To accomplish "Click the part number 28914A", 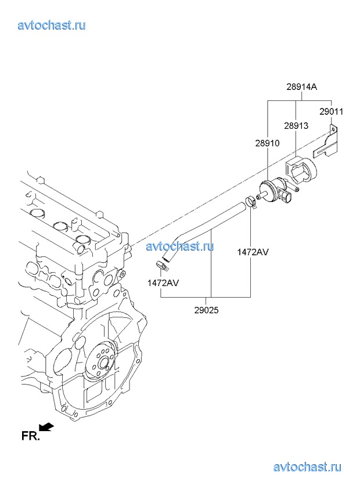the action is [301, 87].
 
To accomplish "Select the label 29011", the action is [332, 112].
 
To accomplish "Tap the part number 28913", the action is [296, 126].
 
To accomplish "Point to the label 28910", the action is [267, 143].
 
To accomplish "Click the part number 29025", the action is [206, 310].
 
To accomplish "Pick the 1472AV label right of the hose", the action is [253, 252].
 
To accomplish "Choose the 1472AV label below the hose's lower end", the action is [163, 283].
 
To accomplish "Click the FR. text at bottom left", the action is [30, 436].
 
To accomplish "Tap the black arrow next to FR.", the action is [46, 427].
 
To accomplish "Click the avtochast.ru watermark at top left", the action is [52, 25].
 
